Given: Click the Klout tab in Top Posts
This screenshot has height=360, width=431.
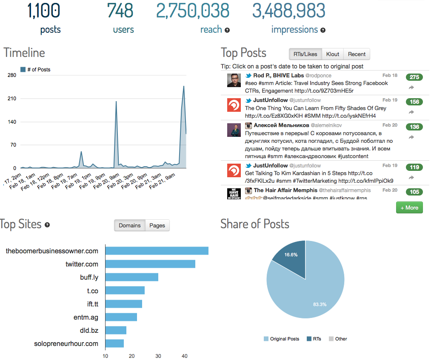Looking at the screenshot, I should (x=333, y=54).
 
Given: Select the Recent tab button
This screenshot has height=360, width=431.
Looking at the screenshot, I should (x=357, y=54).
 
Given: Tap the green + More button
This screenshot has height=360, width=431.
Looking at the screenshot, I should (x=409, y=207).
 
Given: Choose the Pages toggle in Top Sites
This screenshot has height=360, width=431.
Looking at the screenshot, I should (x=157, y=225).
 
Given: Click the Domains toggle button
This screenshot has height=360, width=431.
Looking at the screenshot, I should (x=129, y=225).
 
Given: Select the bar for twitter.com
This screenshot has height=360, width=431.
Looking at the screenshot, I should (x=150, y=264).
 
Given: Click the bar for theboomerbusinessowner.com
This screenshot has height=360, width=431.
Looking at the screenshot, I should (x=157, y=251).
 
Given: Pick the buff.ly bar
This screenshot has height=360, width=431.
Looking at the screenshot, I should (x=131, y=277).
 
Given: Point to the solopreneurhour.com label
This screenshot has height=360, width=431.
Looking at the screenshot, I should (x=66, y=343).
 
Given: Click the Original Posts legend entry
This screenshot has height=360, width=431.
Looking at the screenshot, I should (x=281, y=339).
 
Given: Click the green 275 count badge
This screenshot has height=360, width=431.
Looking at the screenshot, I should (x=414, y=77).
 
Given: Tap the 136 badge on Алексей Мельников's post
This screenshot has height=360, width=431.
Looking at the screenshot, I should (x=414, y=127).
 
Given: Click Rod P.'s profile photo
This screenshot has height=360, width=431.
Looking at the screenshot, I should (x=234, y=80).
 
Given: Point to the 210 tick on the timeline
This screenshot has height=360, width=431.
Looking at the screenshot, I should (x=11, y=99).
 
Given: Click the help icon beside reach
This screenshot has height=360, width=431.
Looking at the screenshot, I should (x=227, y=30).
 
